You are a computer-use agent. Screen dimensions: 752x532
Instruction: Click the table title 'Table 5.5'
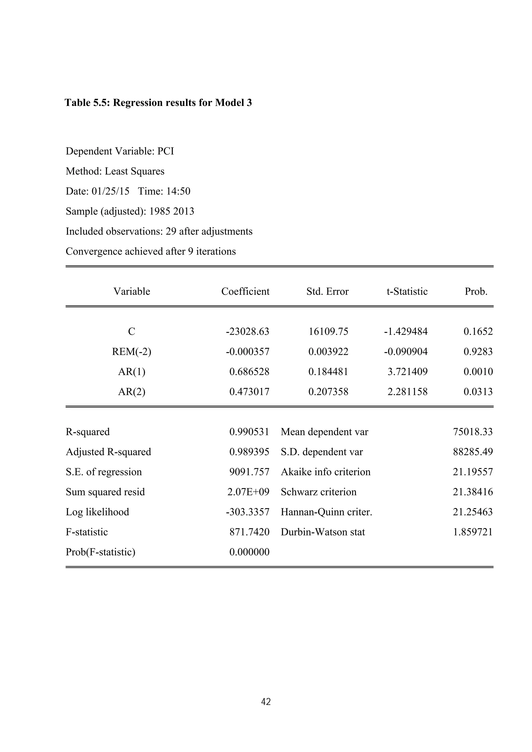point(158,103)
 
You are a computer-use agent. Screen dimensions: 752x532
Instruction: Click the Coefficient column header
point(245,292)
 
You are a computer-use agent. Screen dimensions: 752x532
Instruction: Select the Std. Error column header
point(327,292)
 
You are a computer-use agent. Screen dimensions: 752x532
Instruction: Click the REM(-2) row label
point(132,352)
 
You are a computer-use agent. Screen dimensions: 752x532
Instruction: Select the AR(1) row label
point(132,372)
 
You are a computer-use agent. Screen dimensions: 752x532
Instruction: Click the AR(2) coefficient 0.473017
point(249,392)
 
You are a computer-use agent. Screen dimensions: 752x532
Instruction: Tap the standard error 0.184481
point(328,372)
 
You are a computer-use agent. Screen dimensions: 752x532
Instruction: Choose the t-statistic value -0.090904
point(406,352)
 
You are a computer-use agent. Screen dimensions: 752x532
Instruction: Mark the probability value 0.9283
point(478,352)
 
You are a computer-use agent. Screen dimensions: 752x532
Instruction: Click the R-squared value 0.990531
point(249,432)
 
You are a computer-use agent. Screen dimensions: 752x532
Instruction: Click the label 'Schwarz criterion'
point(318,492)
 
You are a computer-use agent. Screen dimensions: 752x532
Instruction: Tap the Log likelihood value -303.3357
point(247,512)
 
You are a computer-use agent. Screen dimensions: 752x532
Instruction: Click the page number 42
point(266,702)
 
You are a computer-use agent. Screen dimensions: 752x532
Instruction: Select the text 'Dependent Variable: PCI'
point(120,151)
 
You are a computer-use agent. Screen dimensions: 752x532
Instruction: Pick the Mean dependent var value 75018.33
point(473,432)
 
